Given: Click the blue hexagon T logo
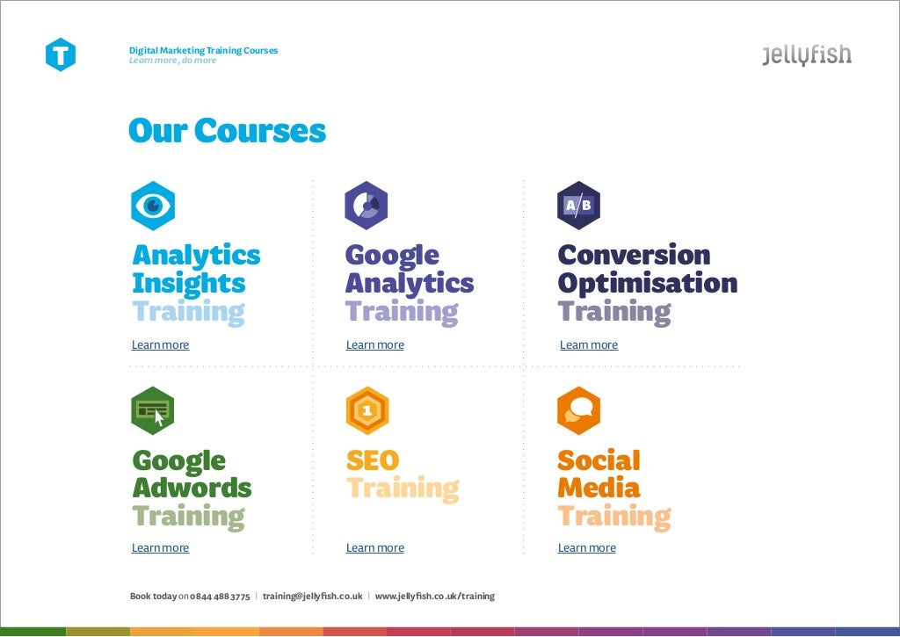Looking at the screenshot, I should tap(61, 54).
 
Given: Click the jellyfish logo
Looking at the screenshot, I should tap(807, 55).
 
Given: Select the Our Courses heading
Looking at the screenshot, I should tap(227, 131).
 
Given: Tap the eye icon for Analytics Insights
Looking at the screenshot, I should tap(153, 206).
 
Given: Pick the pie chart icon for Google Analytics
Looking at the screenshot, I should tap(367, 206).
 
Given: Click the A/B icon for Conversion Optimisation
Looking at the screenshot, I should tap(578, 206).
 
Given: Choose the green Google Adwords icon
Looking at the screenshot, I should tap(153, 410).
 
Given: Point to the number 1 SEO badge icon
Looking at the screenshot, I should tap(367, 410).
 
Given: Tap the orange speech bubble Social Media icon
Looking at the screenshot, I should tap(578, 410).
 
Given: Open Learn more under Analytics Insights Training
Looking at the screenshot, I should tap(160, 345).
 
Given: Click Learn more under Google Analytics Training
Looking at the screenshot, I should tap(375, 345).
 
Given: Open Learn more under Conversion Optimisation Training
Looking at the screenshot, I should tap(589, 345).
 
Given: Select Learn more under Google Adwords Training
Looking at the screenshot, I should tap(160, 548).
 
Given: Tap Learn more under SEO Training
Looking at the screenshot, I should tap(375, 548).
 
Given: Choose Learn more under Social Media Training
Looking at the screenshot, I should tap(587, 548).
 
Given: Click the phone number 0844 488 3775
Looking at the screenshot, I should tap(220, 597).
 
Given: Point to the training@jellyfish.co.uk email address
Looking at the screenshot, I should tap(312, 597).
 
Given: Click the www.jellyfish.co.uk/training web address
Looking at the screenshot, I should tap(435, 597).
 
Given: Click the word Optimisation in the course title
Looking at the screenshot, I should tap(647, 284).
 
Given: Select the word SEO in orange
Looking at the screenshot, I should tap(373, 460).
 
